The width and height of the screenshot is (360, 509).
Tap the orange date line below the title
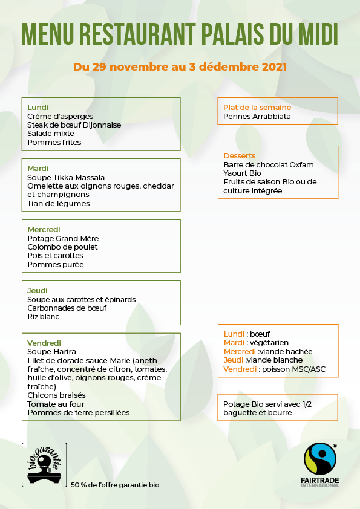pyautogui.click(x=180, y=66)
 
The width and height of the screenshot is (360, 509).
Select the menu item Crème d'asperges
pyautogui.click(x=60, y=116)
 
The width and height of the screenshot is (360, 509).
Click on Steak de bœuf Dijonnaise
pyautogui.click(x=74, y=125)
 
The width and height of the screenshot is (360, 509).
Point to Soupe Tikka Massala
pyautogui.click(x=66, y=178)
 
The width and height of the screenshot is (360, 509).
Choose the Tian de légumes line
pyautogui.click(x=59, y=204)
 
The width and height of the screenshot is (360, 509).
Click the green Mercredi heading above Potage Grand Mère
pyautogui.click(x=44, y=230)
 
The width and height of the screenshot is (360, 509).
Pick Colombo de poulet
pyautogui.click(x=62, y=247)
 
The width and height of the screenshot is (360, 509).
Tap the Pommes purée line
pyautogui.click(x=56, y=265)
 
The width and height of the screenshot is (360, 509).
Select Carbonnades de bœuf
pyautogui.click(x=67, y=308)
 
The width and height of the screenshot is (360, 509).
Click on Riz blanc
pyautogui.click(x=44, y=316)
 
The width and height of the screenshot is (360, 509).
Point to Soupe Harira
pyautogui.click(x=51, y=352)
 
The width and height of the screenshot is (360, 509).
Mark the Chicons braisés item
pyautogui.click(x=56, y=395)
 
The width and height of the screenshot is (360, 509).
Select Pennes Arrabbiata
pyautogui.click(x=257, y=116)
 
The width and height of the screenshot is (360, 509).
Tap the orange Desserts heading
pyautogui.click(x=240, y=156)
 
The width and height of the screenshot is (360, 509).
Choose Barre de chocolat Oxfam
pyautogui.click(x=269, y=165)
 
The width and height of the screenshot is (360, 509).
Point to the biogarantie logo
pyautogui.click(x=44, y=464)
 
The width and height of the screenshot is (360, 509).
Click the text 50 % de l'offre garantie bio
pyautogui.click(x=115, y=485)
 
